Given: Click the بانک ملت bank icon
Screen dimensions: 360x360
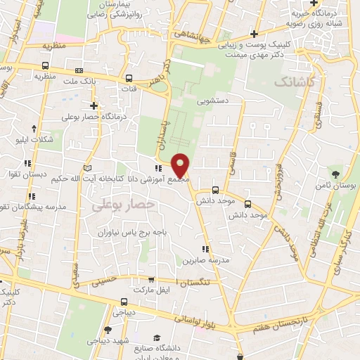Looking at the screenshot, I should click(78, 70).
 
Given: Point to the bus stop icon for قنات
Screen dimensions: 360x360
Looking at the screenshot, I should click(129, 79).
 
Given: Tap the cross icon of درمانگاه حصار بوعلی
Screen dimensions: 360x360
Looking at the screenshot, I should click(94, 105).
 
